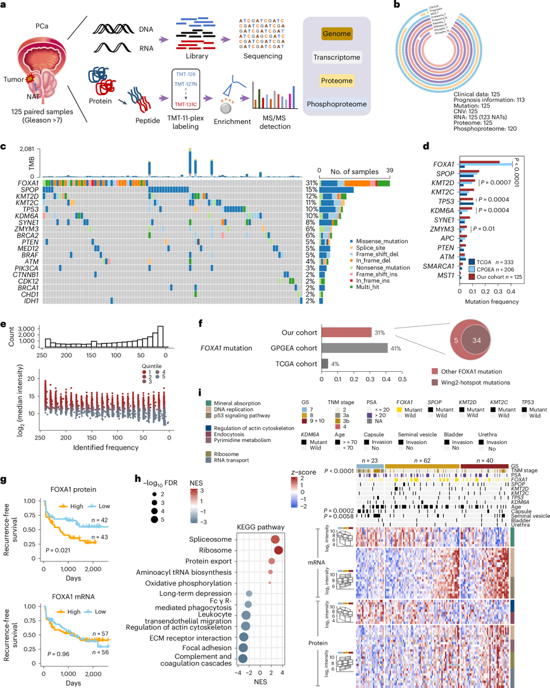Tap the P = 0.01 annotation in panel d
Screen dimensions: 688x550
click(487, 230)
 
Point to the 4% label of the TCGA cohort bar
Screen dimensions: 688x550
click(336, 364)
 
